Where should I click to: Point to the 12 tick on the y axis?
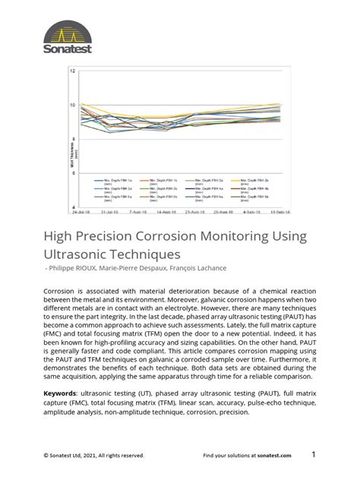(x=73, y=71)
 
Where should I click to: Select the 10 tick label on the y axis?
(x=73, y=105)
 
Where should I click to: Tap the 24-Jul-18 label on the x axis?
(x=81, y=213)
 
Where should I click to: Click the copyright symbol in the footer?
(x=46, y=456)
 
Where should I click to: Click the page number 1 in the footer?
(x=313, y=454)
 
